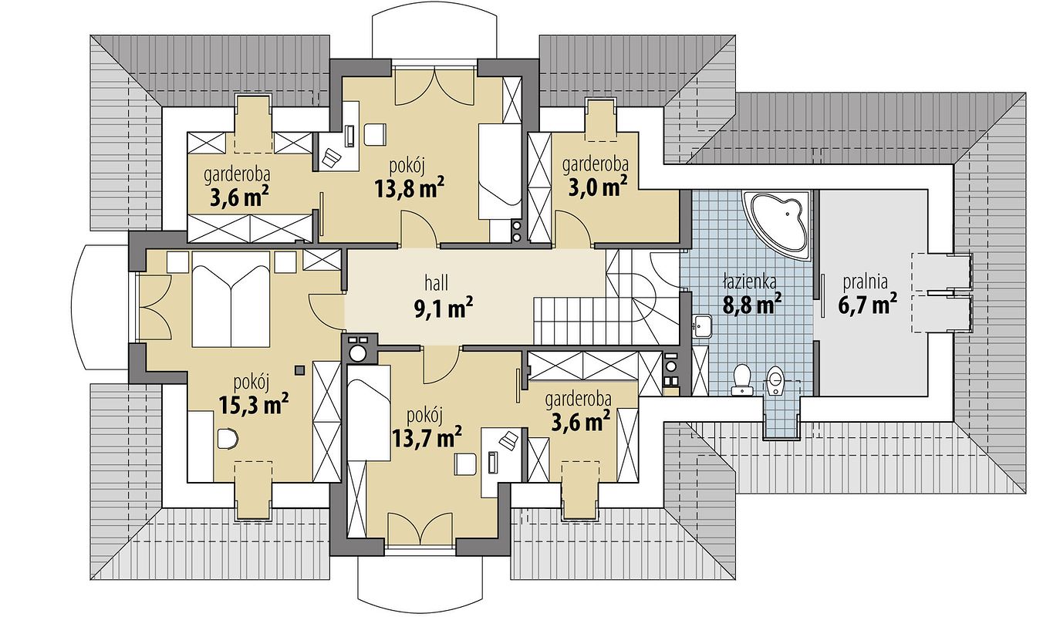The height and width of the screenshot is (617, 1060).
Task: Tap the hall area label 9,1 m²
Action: pyautogui.click(x=444, y=308)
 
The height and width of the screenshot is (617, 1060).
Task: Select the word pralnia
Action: pyautogui.click(x=866, y=282)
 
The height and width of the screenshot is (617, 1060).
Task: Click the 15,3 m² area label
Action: pyautogui.click(x=254, y=405)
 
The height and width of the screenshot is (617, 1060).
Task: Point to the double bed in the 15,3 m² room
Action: pyautogui.click(x=231, y=298)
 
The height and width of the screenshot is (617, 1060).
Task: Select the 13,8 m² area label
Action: pyautogui.click(x=410, y=189)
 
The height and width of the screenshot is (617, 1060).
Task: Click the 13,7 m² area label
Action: pyautogui.click(x=427, y=438)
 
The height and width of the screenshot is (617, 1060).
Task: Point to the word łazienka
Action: pyautogui.click(x=750, y=281)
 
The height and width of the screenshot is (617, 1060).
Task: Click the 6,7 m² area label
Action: pyautogui.click(x=868, y=304)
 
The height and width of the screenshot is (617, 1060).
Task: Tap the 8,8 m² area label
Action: pyautogui.click(x=752, y=303)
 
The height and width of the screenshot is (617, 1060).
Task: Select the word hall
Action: pyautogui.click(x=437, y=284)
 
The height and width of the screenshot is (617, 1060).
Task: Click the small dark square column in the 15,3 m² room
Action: pyautogui.click(x=299, y=370)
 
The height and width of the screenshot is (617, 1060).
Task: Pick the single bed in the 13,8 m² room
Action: pyautogui.click(x=500, y=171)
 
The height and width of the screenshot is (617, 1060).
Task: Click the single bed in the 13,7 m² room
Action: pyautogui.click(x=369, y=413)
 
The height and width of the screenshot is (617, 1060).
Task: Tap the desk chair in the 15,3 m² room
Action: pyautogui.click(x=228, y=439)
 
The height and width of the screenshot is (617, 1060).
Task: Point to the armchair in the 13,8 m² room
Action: pyautogui.click(x=375, y=135)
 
